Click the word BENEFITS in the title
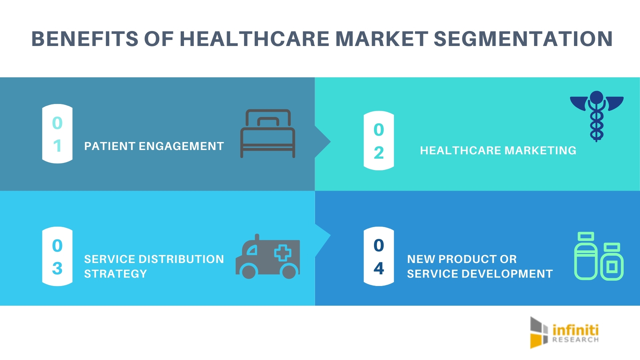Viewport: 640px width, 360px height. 85,39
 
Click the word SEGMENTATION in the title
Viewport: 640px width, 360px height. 523,39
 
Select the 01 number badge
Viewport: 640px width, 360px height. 57,134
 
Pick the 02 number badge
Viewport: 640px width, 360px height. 379,141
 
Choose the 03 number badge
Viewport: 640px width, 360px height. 57,256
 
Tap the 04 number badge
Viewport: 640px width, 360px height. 379,256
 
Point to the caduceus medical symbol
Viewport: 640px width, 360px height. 597,116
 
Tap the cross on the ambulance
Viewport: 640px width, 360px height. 283,253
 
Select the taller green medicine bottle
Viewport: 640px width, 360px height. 586,256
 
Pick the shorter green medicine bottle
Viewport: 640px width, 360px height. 612,262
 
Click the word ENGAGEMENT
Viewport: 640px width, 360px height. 181,146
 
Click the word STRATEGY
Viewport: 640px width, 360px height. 115,274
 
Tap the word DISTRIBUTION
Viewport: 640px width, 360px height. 181,259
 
